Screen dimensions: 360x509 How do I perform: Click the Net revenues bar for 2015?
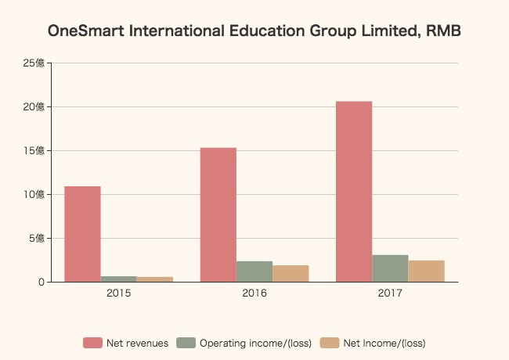pyautogui.click(x=82, y=234)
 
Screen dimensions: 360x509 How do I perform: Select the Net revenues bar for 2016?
pyautogui.click(x=218, y=214)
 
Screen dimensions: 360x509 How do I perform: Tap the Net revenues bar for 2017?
pyautogui.click(x=354, y=192)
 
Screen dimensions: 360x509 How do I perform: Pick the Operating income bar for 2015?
pyautogui.click(x=118, y=279)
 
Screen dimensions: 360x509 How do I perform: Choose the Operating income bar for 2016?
pyautogui.click(x=254, y=272)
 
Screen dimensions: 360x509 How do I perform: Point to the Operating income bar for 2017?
pyautogui.click(x=390, y=268)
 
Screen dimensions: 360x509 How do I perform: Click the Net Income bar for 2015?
pyautogui.click(x=154, y=279)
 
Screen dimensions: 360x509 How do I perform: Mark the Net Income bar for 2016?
pyautogui.click(x=291, y=273)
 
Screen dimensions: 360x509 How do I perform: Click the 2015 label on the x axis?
pyautogui.click(x=118, y=293)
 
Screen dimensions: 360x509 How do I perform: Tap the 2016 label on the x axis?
pyautogui.click(x=254, y=293)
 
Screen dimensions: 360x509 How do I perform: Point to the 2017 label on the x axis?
pyautogui.click(x=390, y=293)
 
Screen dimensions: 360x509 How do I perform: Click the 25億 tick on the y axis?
pyautogui.click(x=34, y=63)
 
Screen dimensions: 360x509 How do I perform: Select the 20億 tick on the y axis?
pyautogui.click(x=34, y=106)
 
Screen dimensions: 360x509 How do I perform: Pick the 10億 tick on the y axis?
pyautogui.click(x=34, y=194)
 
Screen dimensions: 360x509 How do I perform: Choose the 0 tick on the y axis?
pyautogui.click(x=41, y=282)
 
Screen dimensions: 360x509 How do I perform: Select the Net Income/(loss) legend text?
pyautogui.click(x=384, y=343)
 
